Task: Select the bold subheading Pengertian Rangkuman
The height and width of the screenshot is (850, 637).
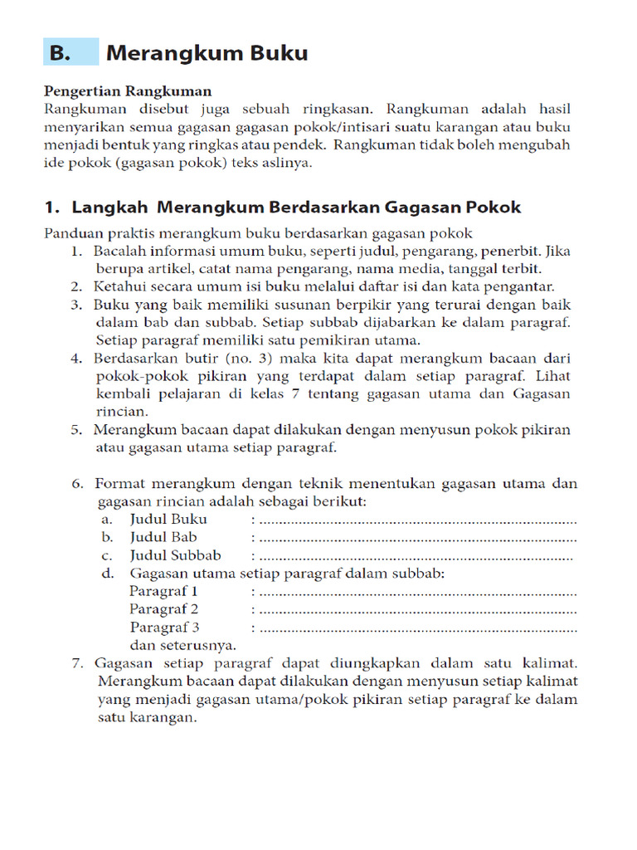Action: pyautogui.click(x=127, y=91)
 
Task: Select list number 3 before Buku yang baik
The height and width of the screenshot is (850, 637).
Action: pyautogui.click(x=76, y=305)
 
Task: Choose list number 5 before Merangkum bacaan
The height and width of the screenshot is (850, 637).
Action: pyautogui.click(x=76, y=430)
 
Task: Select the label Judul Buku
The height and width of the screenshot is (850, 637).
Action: pyautogui.click(x=168, y=520)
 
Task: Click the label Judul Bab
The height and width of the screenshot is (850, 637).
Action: pyautogui.click(x=163, y=538)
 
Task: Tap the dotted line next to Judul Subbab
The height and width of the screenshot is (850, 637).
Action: pyautogui.click(x=415, y=557)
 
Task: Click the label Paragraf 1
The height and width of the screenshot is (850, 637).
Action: pyautogui.click(x=163, y=592)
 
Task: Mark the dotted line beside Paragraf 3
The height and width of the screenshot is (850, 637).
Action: pyautogui.click(x=415, y=628)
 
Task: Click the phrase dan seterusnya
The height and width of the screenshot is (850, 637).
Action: pyautogui.click(x=182, y=645)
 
